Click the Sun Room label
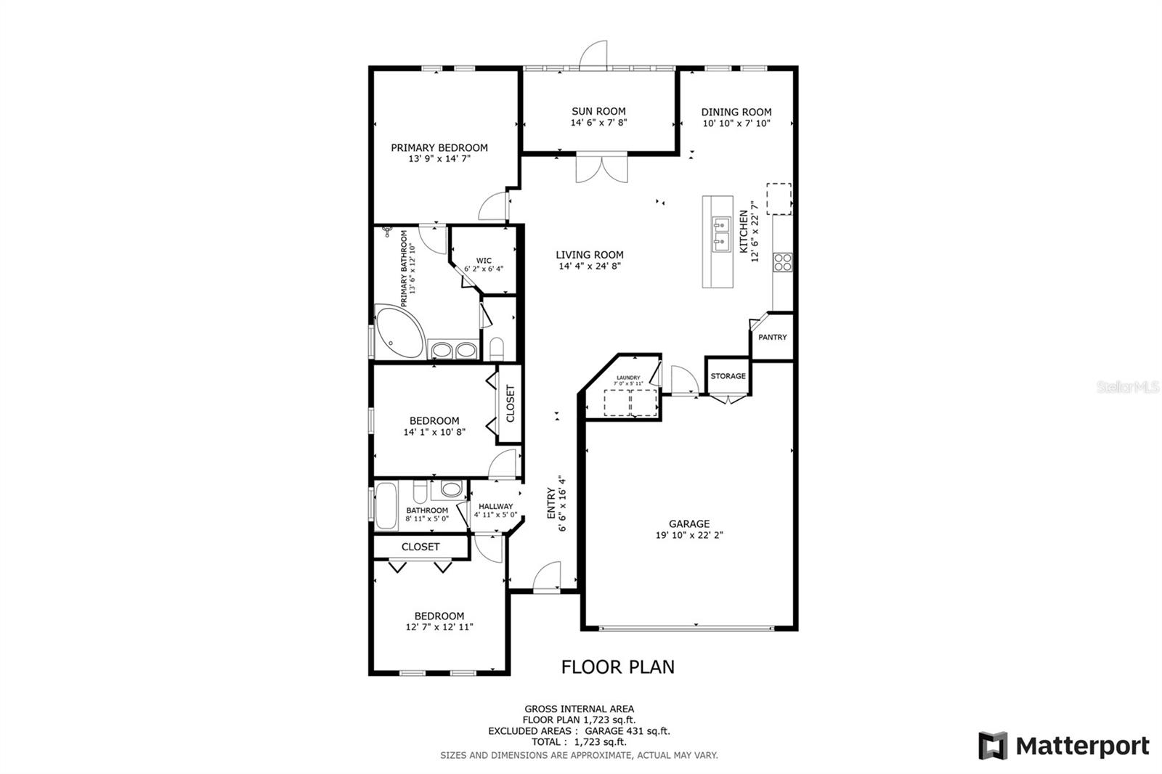coord(598,111)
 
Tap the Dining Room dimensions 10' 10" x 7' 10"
coord(736,123)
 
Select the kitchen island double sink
coord(721,233)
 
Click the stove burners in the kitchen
coord(782,261)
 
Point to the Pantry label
coord(772,337)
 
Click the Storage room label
coord(728,376)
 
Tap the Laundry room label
coord(628,378)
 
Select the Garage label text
coord(689,524)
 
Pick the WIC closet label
coord(484,261)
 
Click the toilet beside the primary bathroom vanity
coord(497,348)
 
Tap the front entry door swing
coord(548,578)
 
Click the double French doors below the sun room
coord(601,168)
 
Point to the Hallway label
coord(496,506)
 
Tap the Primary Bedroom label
coord(439,147)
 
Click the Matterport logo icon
coord(993,746)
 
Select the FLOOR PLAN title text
coord(618,667)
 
